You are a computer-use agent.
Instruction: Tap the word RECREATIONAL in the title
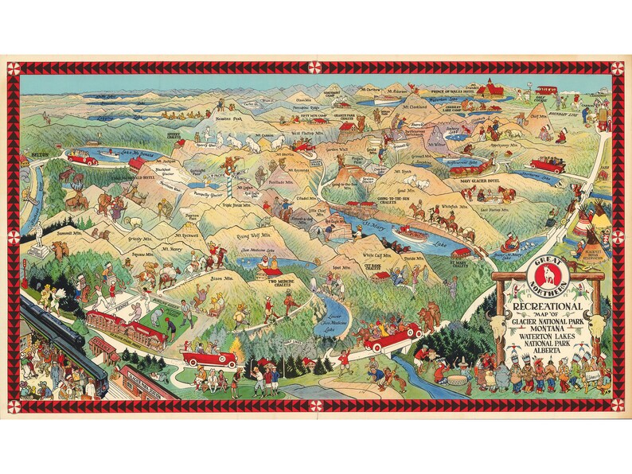pyautogui.click(x=545, y=306)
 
